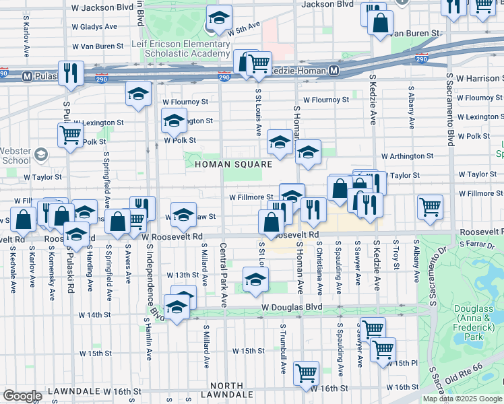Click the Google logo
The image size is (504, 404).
[22, 396]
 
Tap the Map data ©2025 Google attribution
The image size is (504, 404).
[462, 399]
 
